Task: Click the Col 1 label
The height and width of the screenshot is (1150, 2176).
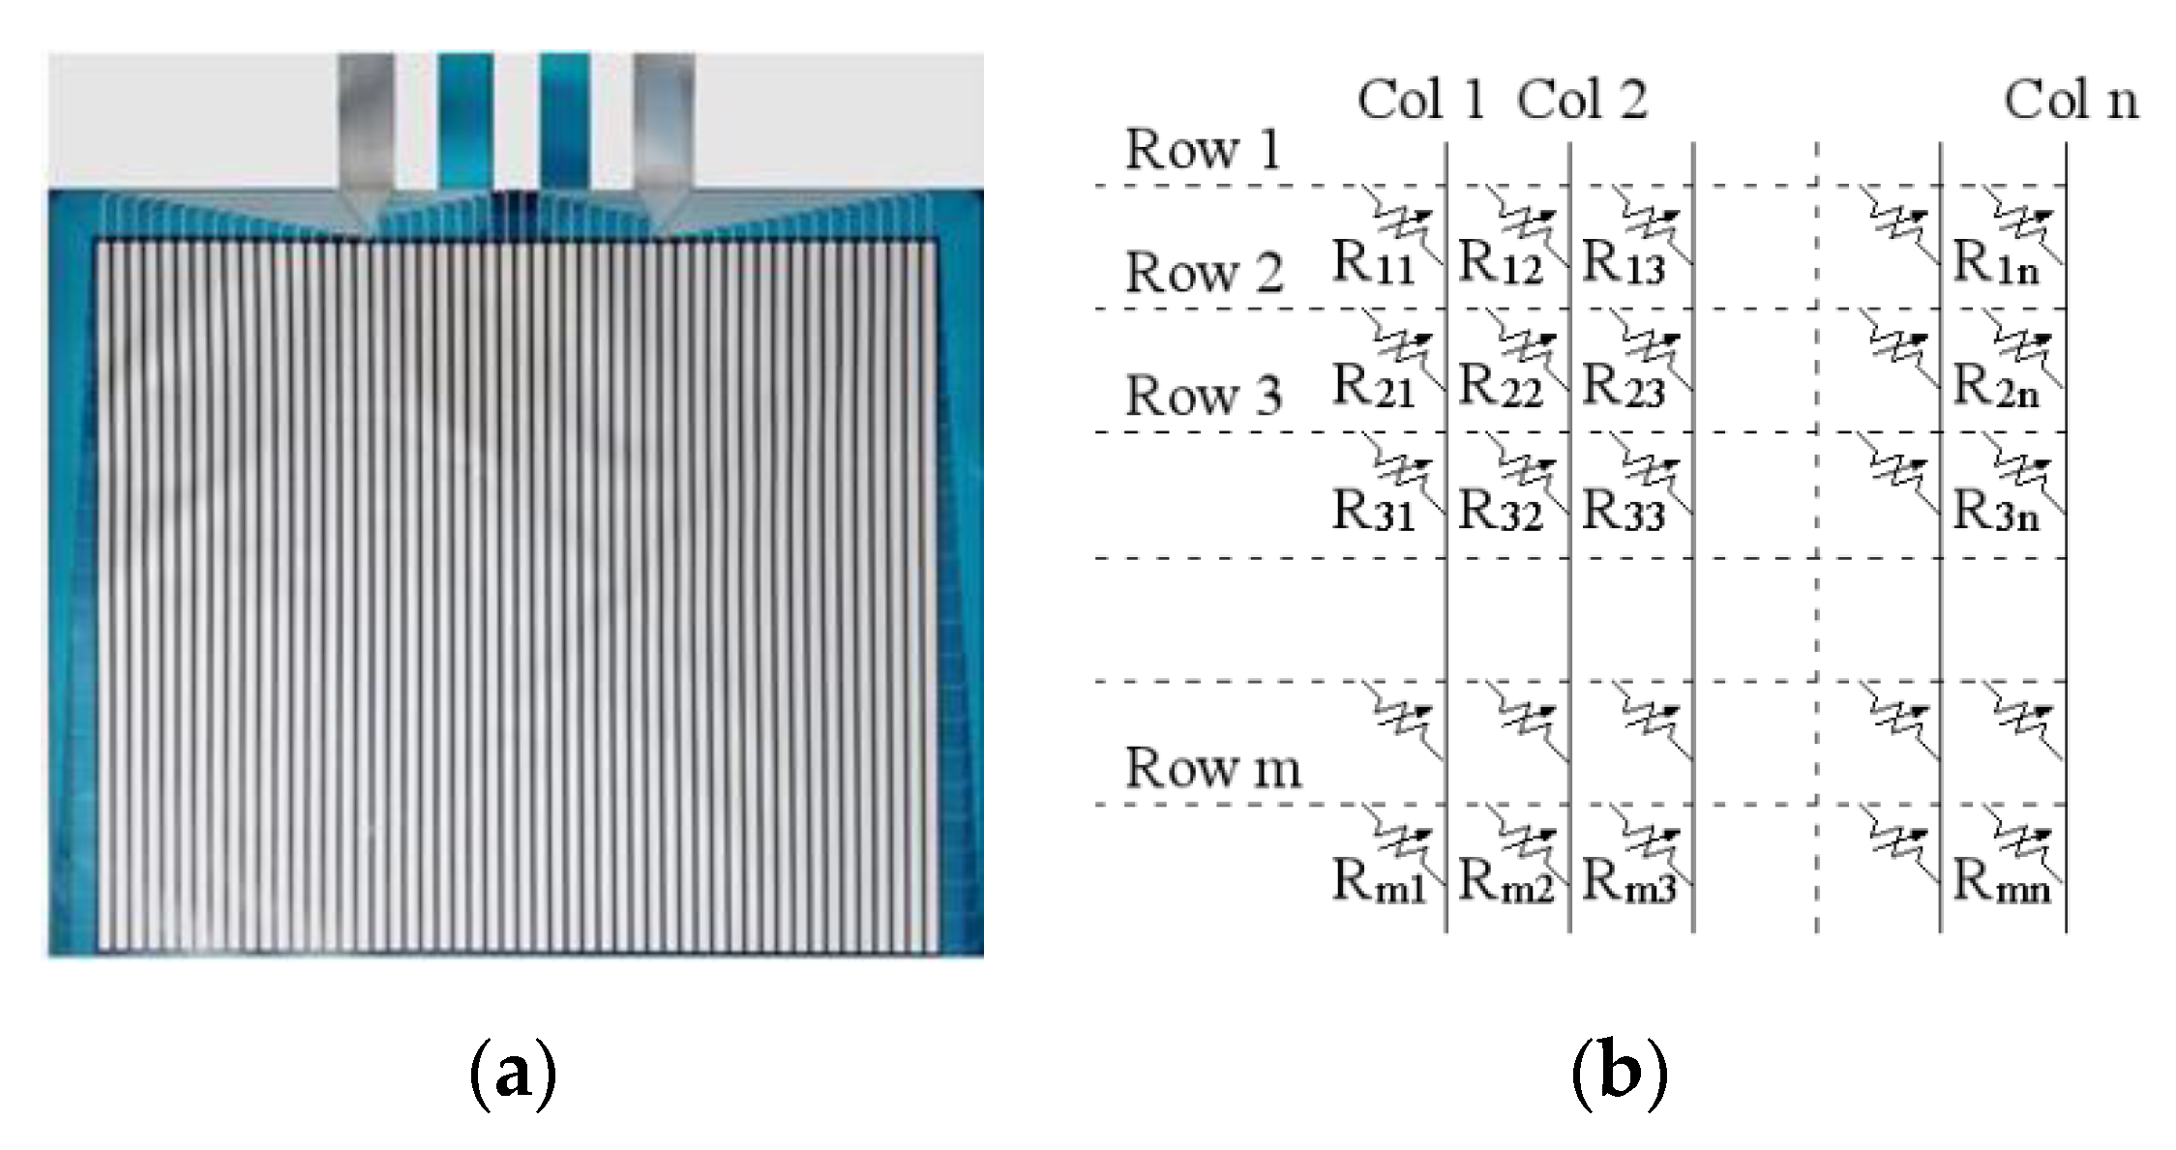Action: (1420, 101)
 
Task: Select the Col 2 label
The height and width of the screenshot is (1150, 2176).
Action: (1582, 101)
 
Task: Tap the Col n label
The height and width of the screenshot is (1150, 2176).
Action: (2070, 101)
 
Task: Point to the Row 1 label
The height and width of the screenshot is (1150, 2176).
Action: (1203, 150)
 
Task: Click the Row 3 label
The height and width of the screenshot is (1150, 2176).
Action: (1203, 397)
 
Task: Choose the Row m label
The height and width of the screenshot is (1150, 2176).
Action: (1212, 768)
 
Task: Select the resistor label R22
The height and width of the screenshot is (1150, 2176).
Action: (1500, 386)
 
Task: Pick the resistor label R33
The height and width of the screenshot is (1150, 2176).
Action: (1624, 510)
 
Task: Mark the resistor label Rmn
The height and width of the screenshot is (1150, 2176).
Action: (2000, 881)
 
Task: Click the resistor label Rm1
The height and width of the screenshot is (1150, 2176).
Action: (1379, 881)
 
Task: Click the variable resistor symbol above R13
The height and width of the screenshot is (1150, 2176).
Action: (1650, 224)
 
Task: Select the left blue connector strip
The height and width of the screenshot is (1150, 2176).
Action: (465, 121)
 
